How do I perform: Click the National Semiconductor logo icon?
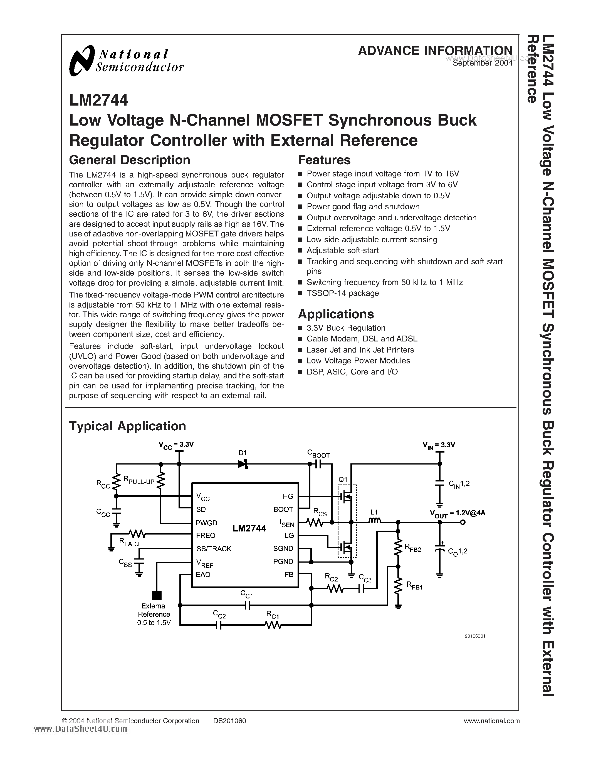[x=82, y=60]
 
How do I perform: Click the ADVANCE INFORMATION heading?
[x=435, y=51]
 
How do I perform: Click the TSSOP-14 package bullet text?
[x=342, y=293]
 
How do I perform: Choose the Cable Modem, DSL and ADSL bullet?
[x=362, y=339]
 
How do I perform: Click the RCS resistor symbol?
[x=314, y=522]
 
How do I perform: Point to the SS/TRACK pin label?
[x=214, y=548]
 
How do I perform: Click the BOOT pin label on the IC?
[x=283, y=509]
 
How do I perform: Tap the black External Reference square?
[x=157, y=595]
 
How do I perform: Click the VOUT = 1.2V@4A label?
[x=457, y=513]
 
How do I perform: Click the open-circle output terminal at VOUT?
[x=463, y=522]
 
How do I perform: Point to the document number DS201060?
[x=229, y=721]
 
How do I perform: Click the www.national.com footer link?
[x=491, y=721]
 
